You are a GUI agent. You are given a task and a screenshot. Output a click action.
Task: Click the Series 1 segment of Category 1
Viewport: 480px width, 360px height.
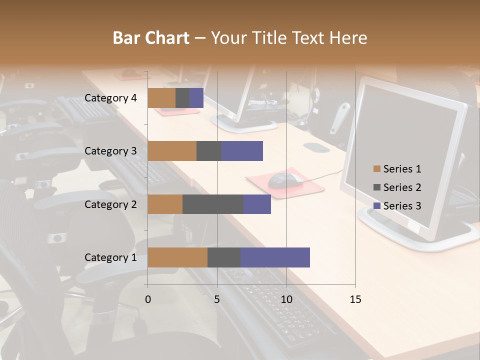(177, 257)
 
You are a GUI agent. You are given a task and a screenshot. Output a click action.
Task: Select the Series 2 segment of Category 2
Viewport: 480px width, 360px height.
(213, 204)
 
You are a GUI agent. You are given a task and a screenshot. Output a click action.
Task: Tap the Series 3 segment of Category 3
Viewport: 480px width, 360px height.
(242, 151)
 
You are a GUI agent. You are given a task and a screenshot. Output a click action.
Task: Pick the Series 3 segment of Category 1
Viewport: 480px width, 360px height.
(275, 257)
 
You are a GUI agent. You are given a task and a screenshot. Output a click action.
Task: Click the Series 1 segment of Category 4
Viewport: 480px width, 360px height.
(161, 98)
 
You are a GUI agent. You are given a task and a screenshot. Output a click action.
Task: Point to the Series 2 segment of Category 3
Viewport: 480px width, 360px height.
(209, 151)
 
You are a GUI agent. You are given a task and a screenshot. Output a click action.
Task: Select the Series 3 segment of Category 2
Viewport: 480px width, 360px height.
(257, 204)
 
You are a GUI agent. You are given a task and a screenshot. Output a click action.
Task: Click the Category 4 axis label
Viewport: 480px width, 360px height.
(110, 98)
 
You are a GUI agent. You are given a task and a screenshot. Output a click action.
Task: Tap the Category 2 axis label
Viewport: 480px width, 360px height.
(110, 204)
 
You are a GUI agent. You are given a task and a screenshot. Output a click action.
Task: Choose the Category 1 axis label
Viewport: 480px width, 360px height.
(110, 257)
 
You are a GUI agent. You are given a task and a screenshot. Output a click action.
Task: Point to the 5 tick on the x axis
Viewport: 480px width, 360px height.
(217, 299)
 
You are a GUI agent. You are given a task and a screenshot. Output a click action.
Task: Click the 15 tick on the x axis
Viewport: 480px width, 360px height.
(355, 299)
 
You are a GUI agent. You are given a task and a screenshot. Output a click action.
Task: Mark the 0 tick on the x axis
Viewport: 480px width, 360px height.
(148, 299)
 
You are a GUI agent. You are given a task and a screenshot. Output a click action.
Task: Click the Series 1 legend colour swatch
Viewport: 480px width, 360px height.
(376, 169)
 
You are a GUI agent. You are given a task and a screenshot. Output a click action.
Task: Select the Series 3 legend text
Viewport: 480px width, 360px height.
(402, 205)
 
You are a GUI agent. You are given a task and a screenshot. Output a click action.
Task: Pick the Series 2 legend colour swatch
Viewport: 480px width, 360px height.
(376, 187)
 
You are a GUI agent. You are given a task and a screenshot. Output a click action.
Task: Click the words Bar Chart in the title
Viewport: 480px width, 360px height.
(151, 38)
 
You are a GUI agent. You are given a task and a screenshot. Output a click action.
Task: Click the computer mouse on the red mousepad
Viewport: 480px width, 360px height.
(285, 180)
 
